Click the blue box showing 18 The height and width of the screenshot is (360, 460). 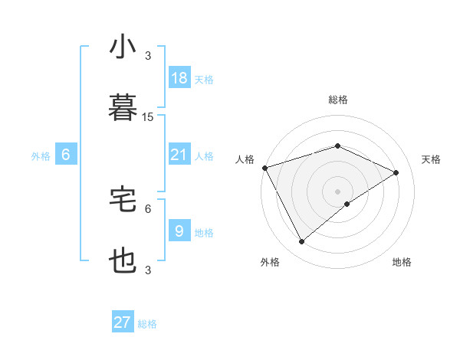tap(179, 78)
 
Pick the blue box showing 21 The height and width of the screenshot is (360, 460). tap(179, 155)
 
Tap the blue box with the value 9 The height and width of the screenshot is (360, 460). tap(179, 231)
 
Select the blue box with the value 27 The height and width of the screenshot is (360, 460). tap(123, 322)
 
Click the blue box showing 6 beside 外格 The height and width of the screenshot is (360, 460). tap(66, 155)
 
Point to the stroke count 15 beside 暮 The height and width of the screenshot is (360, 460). tap(148, 116)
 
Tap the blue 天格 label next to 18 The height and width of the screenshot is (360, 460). tap(204, 79)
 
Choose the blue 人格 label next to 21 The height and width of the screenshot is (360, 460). tap(204, 155)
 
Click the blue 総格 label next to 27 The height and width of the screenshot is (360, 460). tap(147, 323)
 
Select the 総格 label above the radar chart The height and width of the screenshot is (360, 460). tap(338, 100)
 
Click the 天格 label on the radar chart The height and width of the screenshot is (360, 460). tap(431, 159)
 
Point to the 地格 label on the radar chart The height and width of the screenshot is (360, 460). tap(402, 262)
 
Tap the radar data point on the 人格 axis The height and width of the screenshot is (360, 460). tap(264, 168)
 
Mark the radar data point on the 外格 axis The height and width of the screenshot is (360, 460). tap(301, 242)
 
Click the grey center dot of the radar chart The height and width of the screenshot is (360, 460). tap(338, 191)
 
